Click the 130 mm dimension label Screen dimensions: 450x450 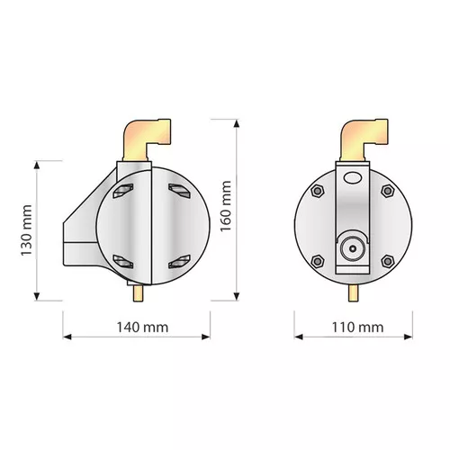pyautogui.click(x=26, y=230)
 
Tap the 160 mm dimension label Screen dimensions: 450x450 pyautogui.click(x=226, y=206)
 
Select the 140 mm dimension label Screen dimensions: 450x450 pyautogui.click(x=142, y=327)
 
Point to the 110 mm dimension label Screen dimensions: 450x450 pyautogui.click(x=357, y=327)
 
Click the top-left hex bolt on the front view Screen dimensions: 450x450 pyautogui.click(x=317, y=191)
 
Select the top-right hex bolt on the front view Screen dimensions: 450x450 pyautogui.click(x=387, y=191)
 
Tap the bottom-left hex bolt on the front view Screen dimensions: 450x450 pyautogui.click(x=317, y=261)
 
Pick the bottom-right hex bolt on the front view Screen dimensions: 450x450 pyautogui.click(x=387, y=261)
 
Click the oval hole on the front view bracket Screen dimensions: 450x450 pyautogui.click(x=352, y=177)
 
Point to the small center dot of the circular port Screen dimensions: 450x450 pyautogui.click(x=353, y=248)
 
